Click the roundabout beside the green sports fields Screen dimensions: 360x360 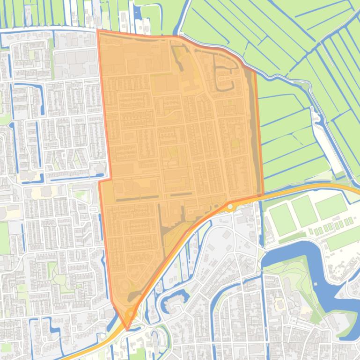click(230, 206)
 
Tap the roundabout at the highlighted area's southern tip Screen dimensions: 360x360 click(130, 312)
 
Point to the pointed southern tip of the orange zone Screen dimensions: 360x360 click(127, 329)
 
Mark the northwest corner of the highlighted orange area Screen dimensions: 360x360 click(98, 30)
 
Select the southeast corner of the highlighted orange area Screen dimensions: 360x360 click(263, 194)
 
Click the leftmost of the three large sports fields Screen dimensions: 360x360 click(282, 219)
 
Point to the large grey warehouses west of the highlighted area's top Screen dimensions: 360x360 click(75, 58)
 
